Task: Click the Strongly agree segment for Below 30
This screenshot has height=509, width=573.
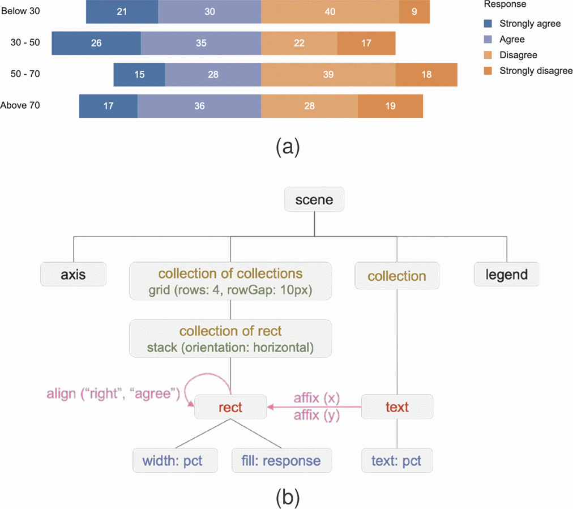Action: (122, 12)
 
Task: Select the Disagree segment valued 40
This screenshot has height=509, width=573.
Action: (330, 12)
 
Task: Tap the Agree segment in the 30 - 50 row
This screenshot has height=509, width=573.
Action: (201, 43)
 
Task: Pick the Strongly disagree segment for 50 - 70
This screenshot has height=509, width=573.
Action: (426, 74)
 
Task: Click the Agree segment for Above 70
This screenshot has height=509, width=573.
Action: (199, 106)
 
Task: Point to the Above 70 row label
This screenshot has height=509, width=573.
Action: (20, 105)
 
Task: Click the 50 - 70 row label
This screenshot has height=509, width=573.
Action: (25, 74)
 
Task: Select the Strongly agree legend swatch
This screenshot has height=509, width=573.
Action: (489, 24)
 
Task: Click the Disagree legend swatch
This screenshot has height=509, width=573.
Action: (489, 55)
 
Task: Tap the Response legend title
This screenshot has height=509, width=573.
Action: (505, 5)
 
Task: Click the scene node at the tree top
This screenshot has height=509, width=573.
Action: (314, 200)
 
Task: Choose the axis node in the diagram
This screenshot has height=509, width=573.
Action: (73, 275)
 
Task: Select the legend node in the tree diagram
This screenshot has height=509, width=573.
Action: (507, 275)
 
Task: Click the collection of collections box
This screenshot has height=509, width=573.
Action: (230, 281)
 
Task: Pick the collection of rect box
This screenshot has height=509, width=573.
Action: (230, 339)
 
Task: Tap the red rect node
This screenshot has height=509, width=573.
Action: (230, 407)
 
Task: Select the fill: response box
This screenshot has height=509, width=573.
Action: (281, 460)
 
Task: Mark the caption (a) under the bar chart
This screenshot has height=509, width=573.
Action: (287, 147)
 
